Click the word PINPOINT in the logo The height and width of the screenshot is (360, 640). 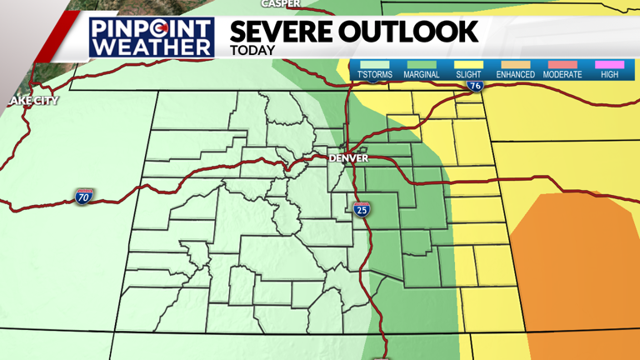click(x=152, y=28)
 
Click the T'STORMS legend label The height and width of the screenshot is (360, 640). click(x=375, y=75)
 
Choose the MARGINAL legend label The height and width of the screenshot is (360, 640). click(x=422, y=75)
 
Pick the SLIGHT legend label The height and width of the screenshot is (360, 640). click(x=468, y=75)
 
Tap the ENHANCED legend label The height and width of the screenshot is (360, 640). click(x=515, y=75)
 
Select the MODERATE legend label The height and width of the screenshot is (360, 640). click(x=562, y=75)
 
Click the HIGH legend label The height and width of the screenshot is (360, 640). click(x=610, y=75)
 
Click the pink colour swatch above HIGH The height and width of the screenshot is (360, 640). click(x=610, y=64)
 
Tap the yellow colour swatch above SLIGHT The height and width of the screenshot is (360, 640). click(x=468, y=64)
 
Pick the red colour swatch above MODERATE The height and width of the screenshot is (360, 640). click(x=562, y=64)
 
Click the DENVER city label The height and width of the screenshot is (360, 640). click(x=348, y=157)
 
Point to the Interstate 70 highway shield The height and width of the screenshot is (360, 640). click(x=83, y=197)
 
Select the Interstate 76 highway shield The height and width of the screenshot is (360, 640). click(x=475, y=85)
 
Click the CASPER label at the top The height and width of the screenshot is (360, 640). click(x=281, y=3)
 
